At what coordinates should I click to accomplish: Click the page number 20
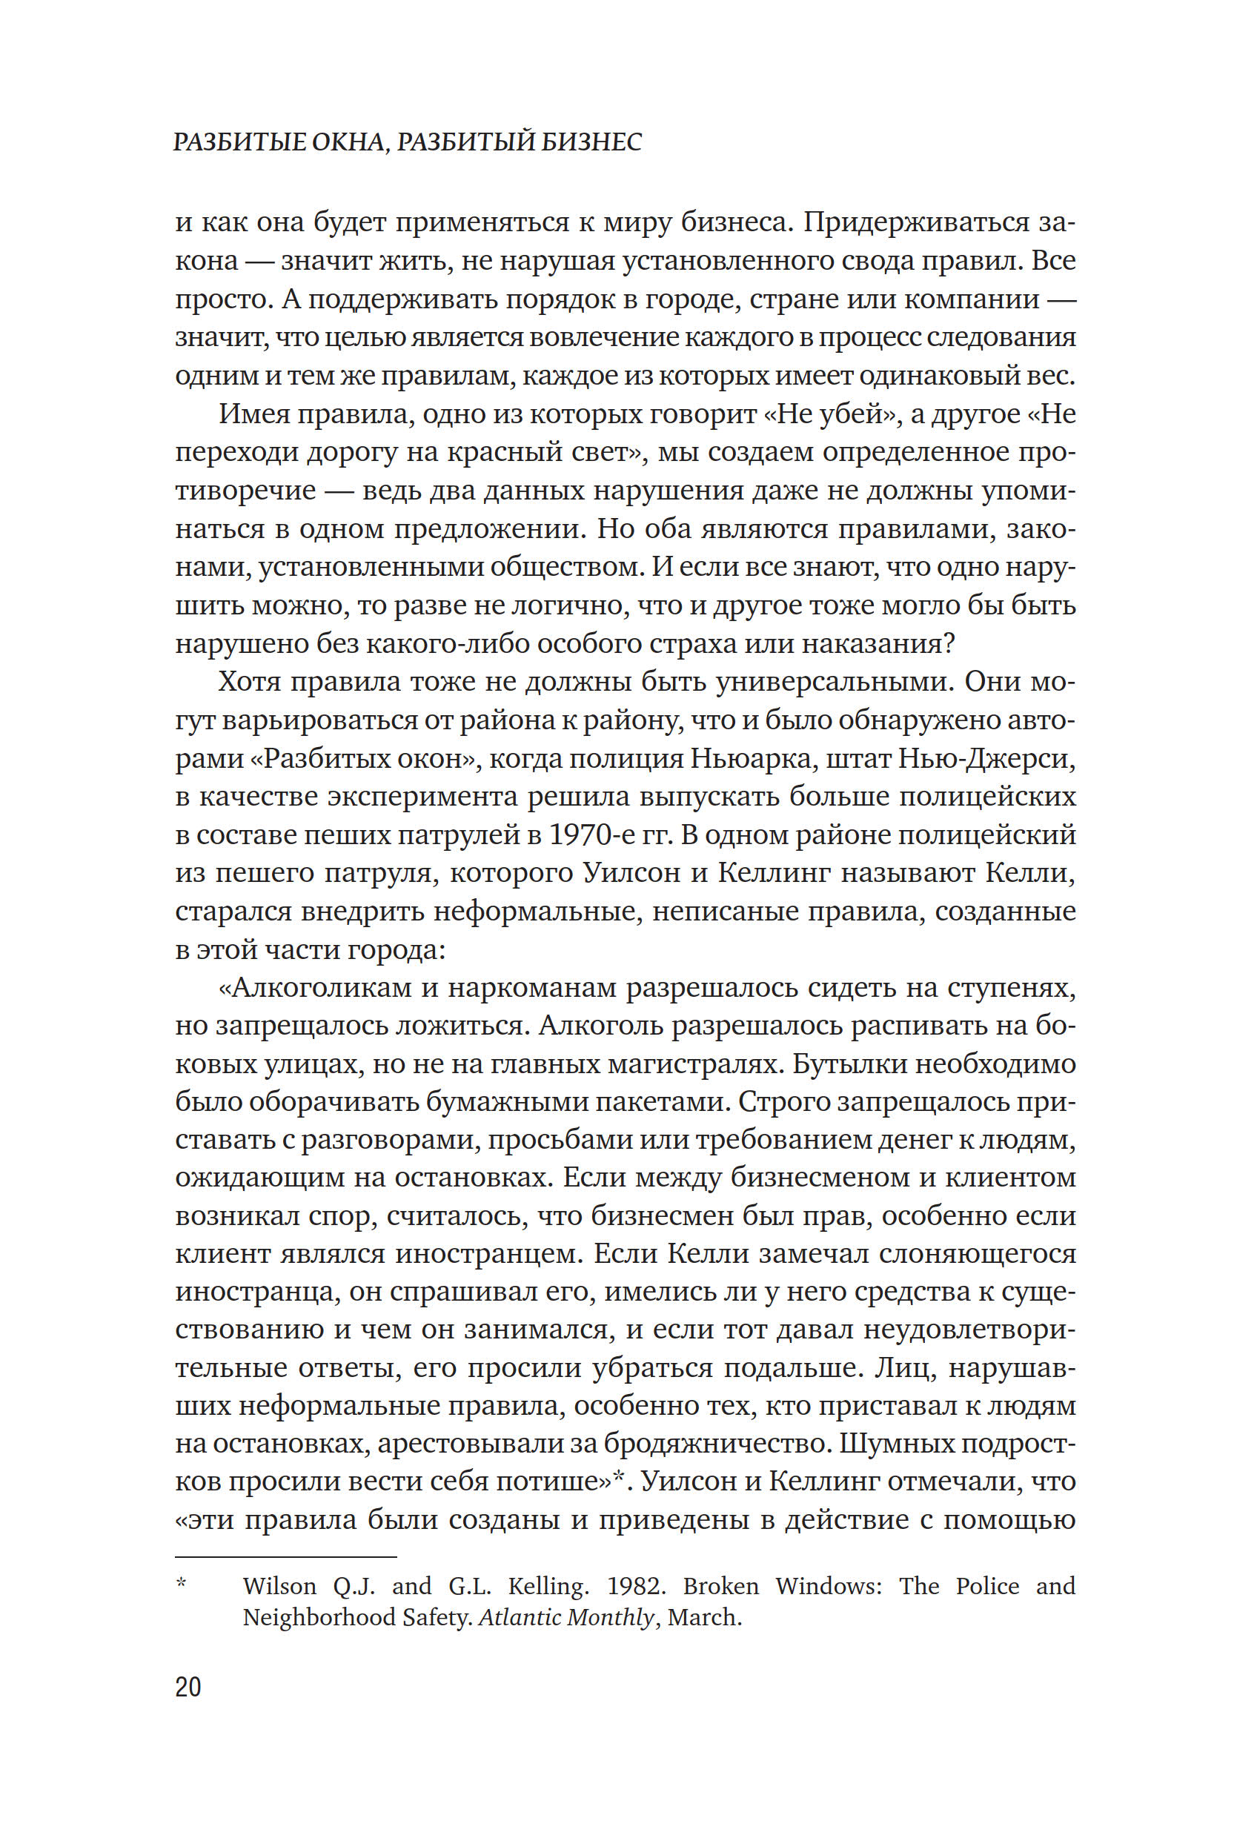[x=188, y=1687]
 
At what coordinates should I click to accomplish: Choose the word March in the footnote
[x=703, y=1618]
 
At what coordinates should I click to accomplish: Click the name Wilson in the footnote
[x=279, y=1586]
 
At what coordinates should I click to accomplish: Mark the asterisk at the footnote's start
[x=181, y=1583]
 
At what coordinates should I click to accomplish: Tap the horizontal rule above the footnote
[x=285, y=1556]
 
